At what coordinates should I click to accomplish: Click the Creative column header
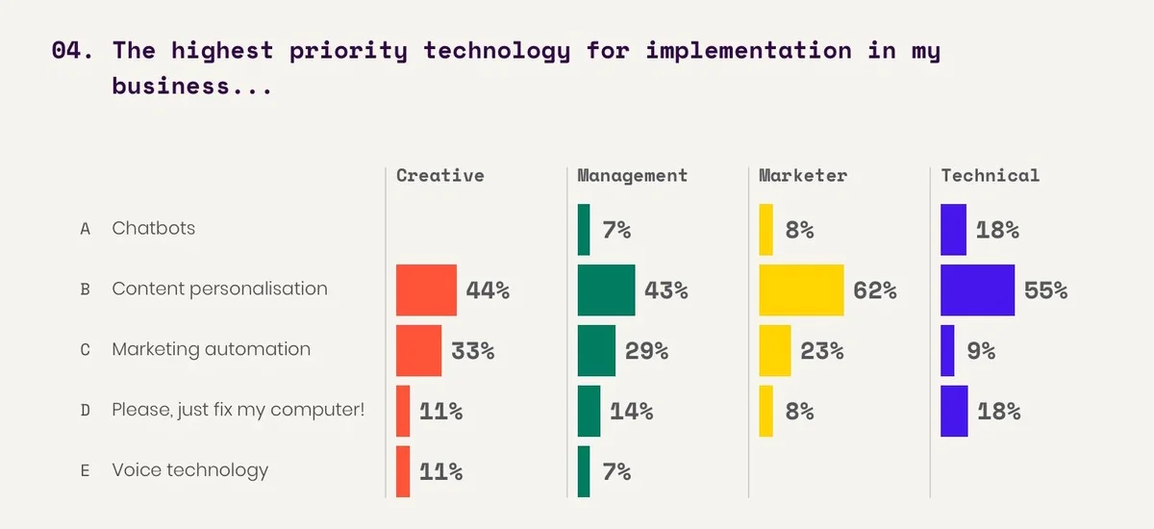[x=439, y=175]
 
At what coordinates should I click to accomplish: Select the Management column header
[x=632, y=175]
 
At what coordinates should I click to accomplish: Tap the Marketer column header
[x=802, y=175]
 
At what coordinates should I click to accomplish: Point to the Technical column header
[x=990, y=175]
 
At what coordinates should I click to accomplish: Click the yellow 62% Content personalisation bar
[x=801, y=290]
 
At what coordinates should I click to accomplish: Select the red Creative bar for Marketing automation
[x=418, y=350]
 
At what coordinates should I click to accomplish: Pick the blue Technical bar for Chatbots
[x=953, y=229]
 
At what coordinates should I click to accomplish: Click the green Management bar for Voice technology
[x=584, y=471]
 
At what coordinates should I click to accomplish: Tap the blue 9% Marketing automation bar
[x=947, y=350]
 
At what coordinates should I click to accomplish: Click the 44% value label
[x=487, y=290]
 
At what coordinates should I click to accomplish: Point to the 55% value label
[x=1045, y=290]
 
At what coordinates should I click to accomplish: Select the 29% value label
[x=646, y=351]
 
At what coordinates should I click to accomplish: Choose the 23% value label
[x=821, y=351]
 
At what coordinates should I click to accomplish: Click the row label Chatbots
[x=153, y=228]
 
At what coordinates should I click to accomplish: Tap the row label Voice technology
[x=189, y=470]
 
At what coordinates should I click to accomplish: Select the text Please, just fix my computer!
[x=238, y=410]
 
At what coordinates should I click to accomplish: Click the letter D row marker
[x=85, y=411]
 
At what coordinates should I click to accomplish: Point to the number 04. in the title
[x=73, y=51]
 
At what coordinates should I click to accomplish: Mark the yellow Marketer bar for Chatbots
[x=765, y=229]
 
